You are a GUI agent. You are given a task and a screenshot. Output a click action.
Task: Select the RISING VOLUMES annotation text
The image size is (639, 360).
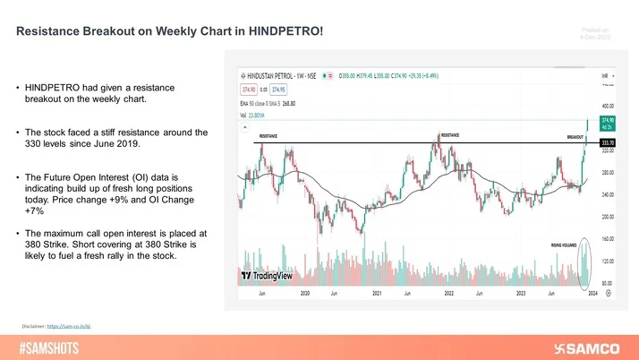(567, 243)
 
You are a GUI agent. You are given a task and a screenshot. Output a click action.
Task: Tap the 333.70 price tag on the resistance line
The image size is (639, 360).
(606, 143)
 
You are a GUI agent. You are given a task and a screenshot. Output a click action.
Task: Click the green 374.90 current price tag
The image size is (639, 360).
(606, 119)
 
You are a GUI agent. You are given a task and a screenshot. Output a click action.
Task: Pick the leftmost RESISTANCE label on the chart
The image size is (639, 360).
(268, 137)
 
